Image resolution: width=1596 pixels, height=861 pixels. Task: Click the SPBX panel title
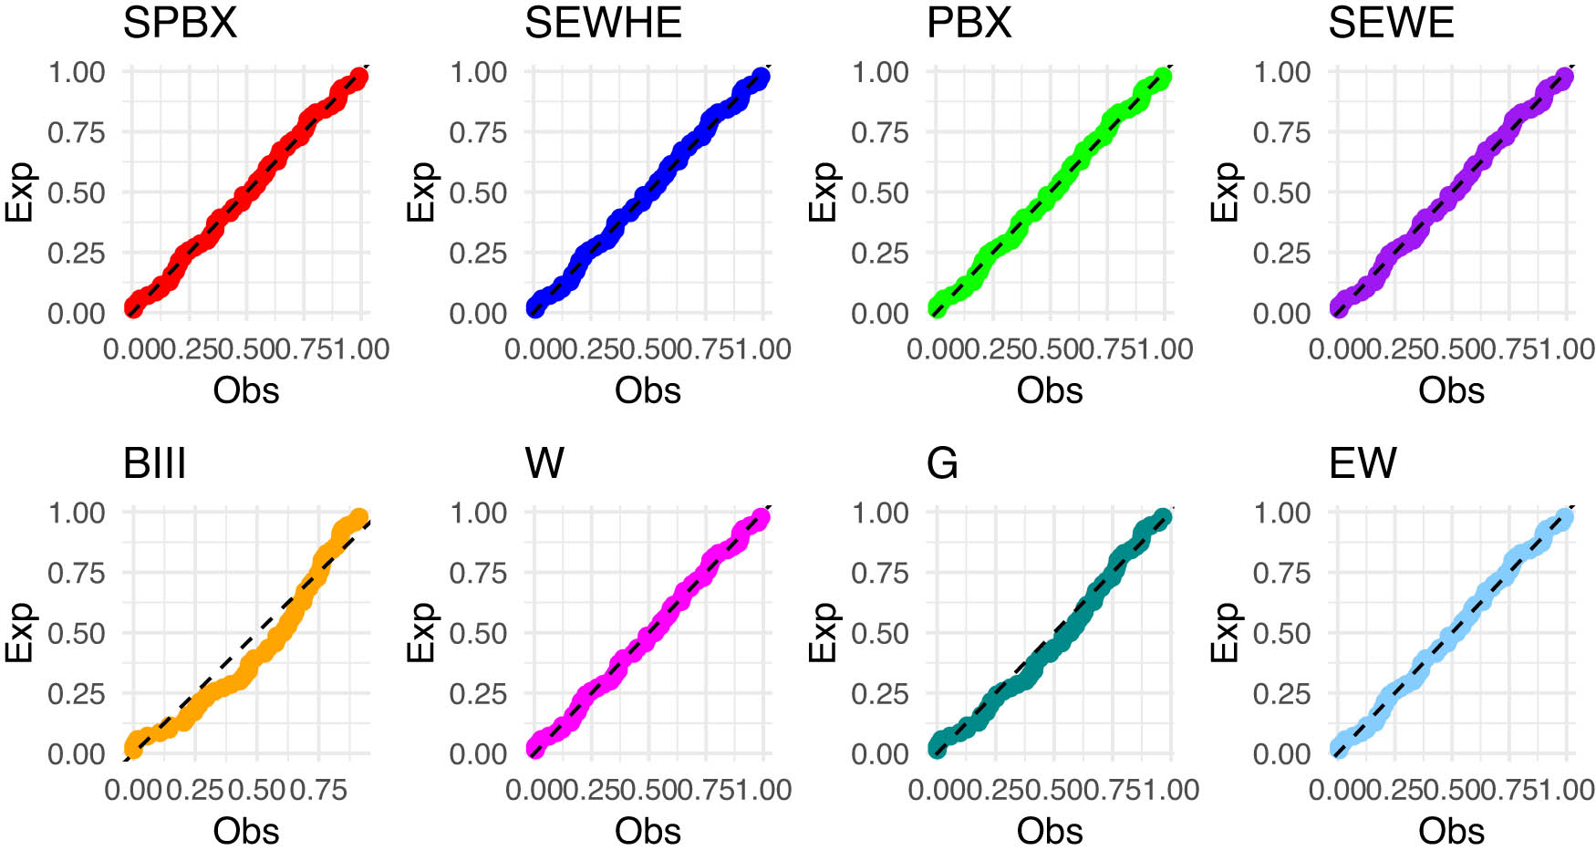point(180,22)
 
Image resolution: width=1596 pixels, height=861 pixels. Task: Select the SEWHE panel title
point(603,22)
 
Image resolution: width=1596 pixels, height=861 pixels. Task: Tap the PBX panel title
point(969,22)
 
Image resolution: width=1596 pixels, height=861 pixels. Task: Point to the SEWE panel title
point(1391,22)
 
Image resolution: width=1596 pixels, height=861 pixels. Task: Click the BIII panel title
point(154,463)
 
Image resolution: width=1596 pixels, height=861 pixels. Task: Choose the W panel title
point(544,463)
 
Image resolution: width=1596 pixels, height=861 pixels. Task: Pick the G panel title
point(942,463)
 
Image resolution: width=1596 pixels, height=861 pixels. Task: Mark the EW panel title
point(1363,463)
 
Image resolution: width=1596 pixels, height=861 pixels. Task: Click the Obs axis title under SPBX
point(245,390)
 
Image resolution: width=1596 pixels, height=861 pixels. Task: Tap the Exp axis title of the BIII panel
point(20,632)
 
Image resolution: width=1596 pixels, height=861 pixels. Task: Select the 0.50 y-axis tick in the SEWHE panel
point(477,192)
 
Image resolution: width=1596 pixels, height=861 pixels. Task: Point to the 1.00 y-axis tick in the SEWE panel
point(1281,72)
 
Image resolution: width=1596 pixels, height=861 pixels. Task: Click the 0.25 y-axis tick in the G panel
point(879,693)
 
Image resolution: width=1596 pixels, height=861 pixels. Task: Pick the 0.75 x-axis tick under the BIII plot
point(318,790)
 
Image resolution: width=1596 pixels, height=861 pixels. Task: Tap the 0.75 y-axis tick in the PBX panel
point(879,132)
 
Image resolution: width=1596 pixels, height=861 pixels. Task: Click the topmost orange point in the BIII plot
point(358,518)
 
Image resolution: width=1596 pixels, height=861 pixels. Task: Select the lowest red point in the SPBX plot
point(133,308)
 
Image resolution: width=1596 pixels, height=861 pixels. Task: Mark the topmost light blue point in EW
point(1564,518)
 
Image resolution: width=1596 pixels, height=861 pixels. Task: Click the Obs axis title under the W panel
point(648,831)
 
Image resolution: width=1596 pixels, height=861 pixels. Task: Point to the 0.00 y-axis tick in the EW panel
point(1281,753)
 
